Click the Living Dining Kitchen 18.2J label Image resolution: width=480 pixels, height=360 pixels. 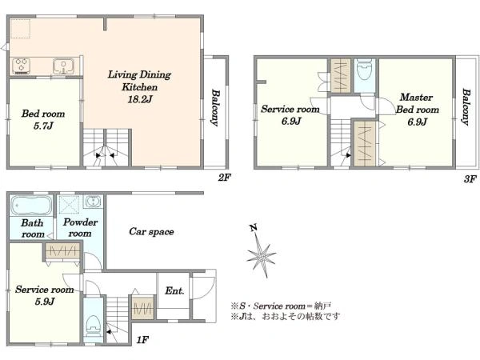pyautogui.click(x=139, y=87)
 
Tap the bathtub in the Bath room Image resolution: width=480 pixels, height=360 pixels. pyautogui.click(x=30, y=205)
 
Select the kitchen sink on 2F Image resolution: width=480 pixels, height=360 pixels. pyautogui.click(x=63, y=66)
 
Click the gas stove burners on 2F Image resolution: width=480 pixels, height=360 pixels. pyautogui.click(x=21, y=66)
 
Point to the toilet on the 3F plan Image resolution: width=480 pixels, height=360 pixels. pyautogui.click(x=364, y=70)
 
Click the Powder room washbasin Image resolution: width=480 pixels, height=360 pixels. pyautogui.click(x=93, y=202)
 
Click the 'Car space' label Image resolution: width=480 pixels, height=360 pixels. pyautogui.click(x=151, y=232)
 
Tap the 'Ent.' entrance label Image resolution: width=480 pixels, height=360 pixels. pyautogui.click(x=174, y=290)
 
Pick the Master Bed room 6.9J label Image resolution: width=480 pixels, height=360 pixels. pyautogui.click(x=417, y=110)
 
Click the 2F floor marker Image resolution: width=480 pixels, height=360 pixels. pyautogui.click(x=224, y=178)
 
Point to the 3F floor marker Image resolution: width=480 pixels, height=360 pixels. pyautogui.click(x=470, y=178)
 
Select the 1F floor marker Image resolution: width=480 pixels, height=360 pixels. pyautogui.click(x=142, y=339)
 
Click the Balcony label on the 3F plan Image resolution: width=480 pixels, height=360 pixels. pyautogui.click(x=466, y=107)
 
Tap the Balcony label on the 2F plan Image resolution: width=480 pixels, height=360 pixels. pyautogui.click(x=215, y=108)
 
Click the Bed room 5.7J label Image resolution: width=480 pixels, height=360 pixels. pyautogui.click(x=43, y=120)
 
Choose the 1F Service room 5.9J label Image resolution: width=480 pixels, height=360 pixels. pyautogui.click(x=44, y=295)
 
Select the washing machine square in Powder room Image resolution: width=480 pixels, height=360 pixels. pyautogui.click(x=69, y=204)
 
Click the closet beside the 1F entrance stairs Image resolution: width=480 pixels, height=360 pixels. pyautogui.click(x=142, y=307)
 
